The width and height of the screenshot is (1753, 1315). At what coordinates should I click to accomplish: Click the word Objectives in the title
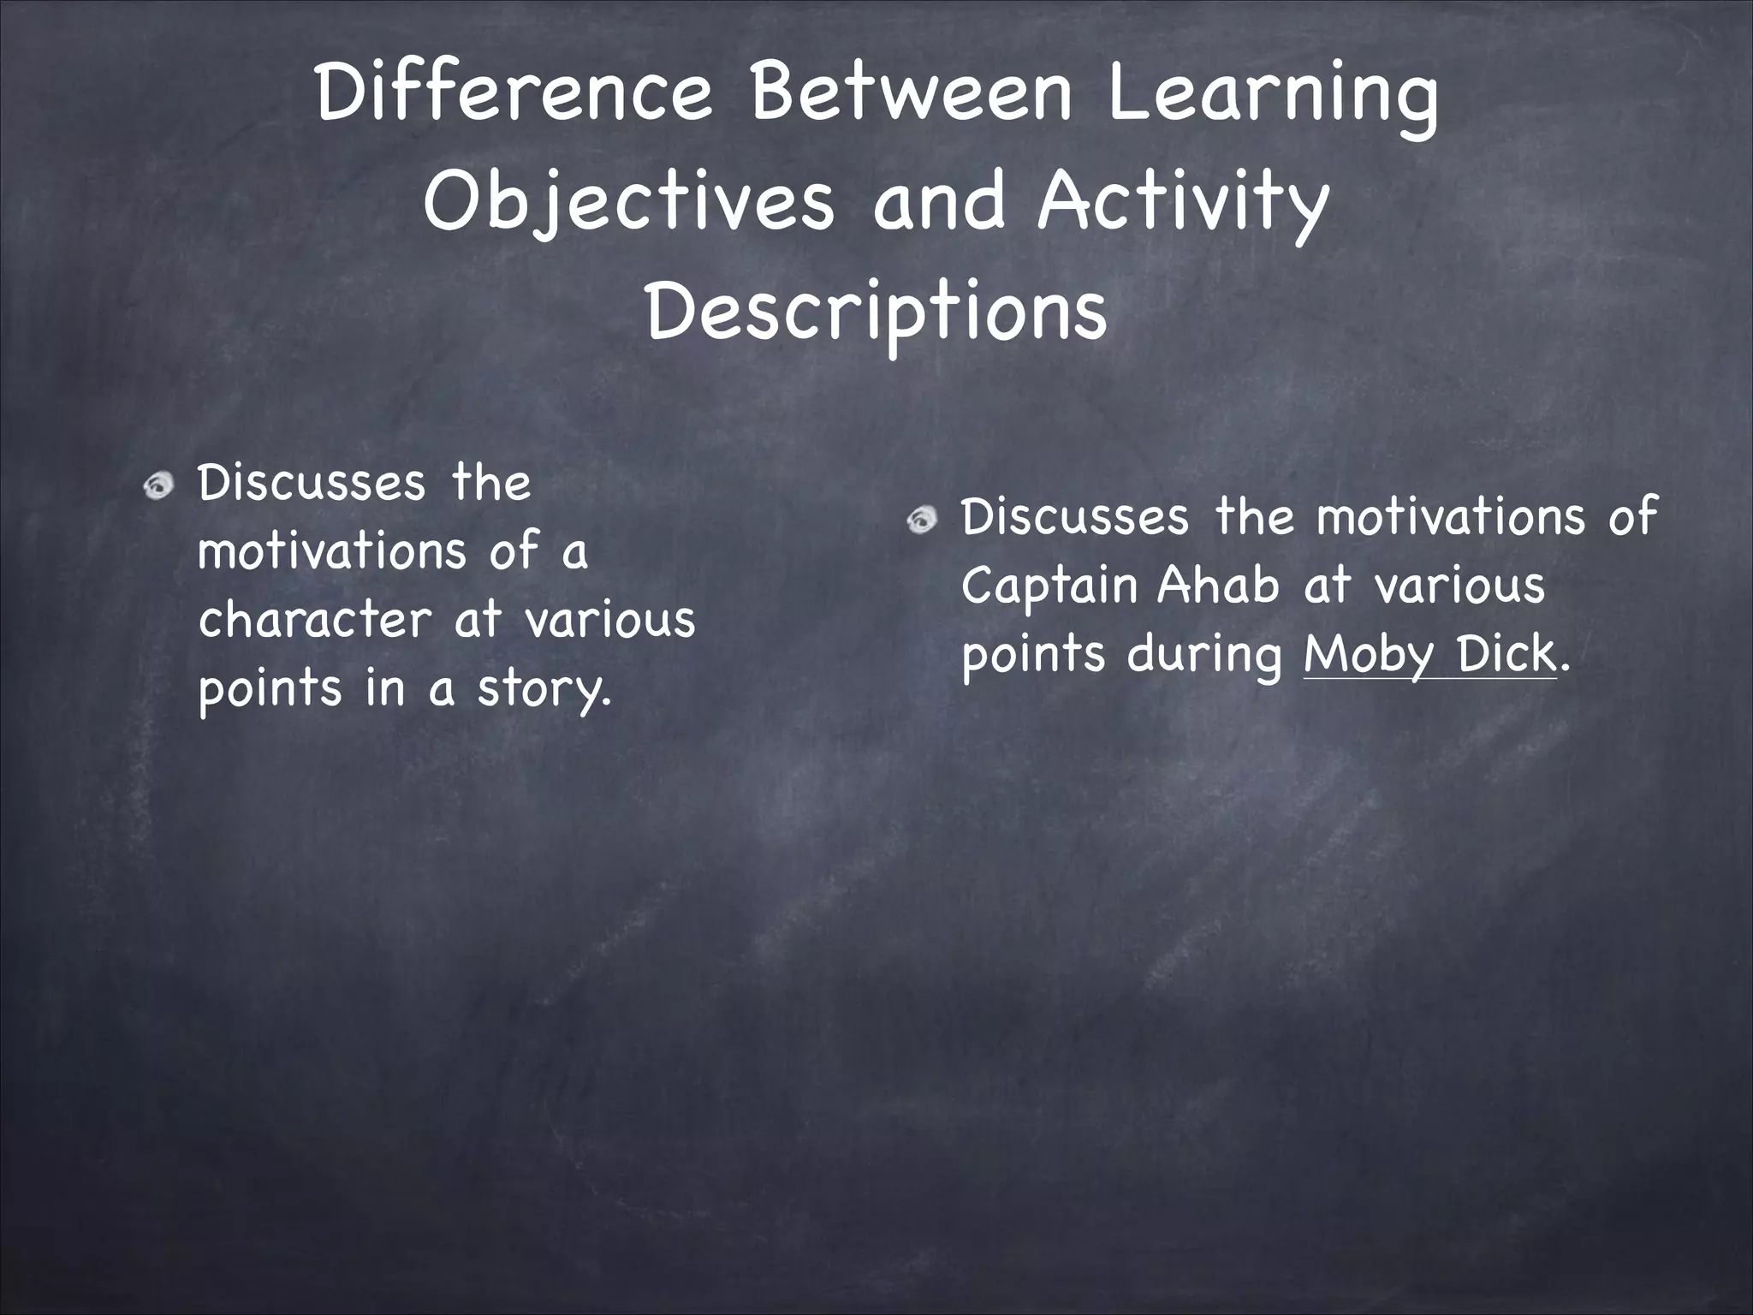pyautogui.click(x=628, y=204)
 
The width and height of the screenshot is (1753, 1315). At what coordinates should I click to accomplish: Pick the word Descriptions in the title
pyautogui.click(x=876, y=313)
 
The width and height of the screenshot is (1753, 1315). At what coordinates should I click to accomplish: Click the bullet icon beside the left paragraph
pyautogui.click(x=158, y=487)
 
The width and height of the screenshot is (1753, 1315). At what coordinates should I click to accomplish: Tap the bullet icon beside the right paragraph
pyautogui.click(x=922, y=520)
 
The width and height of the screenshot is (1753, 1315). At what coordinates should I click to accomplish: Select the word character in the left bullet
pyautogui.click(x=315, y=620)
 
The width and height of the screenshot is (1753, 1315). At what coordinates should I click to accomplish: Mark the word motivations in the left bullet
pyautogui.click(x=332, y=551)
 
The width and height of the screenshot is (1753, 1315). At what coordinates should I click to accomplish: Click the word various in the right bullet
pyautogui.click(x=1459, y=587)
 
